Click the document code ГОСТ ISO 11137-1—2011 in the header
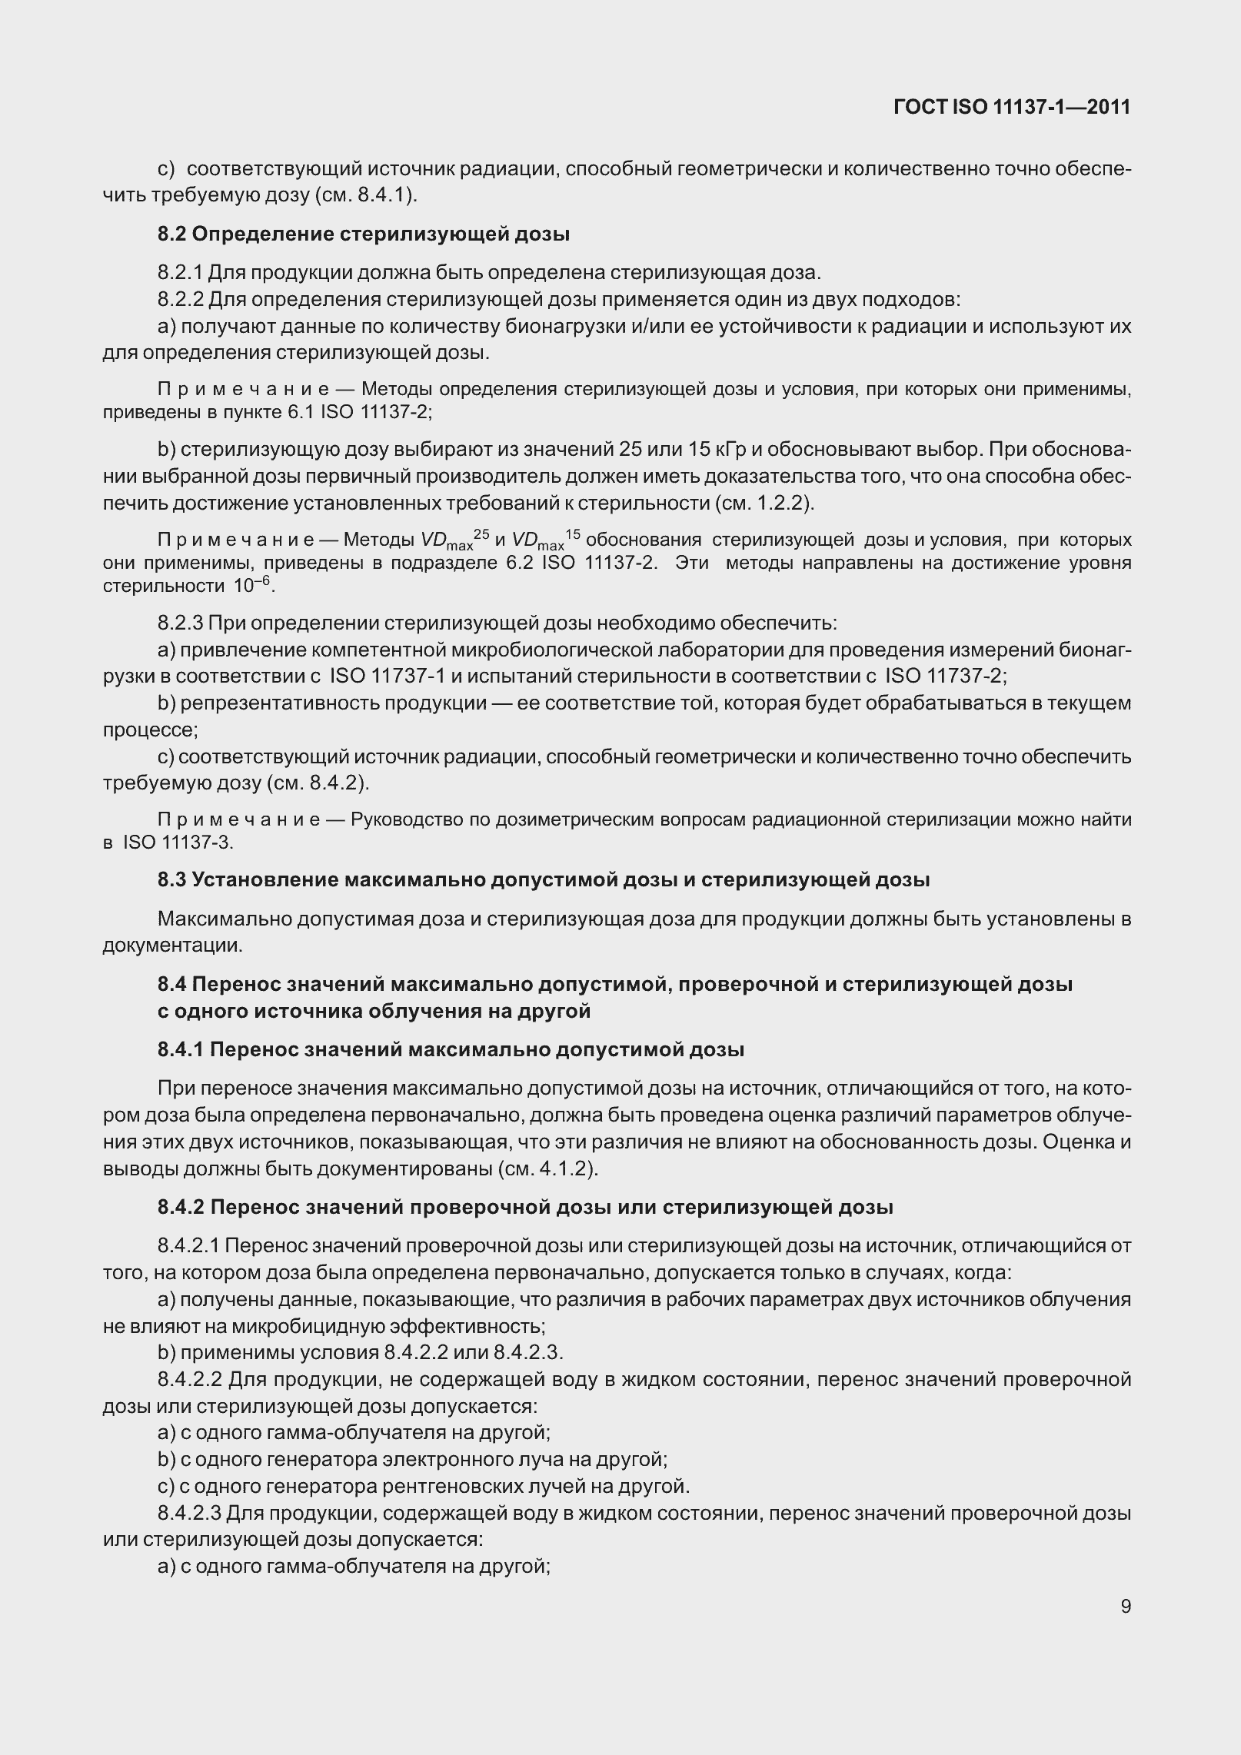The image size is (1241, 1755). (1012, 107)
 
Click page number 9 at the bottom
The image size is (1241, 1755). (1126, 1607)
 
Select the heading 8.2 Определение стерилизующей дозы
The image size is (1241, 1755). (364, 234)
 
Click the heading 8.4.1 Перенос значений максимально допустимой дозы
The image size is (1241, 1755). (451, 1049)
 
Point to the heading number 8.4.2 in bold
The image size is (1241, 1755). (181, 1207)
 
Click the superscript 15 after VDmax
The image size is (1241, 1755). (573, 533)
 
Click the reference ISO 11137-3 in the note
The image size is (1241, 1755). (178, 842)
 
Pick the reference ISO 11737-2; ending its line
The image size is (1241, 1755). (946, 676)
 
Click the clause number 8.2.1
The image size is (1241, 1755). (181, 272)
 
